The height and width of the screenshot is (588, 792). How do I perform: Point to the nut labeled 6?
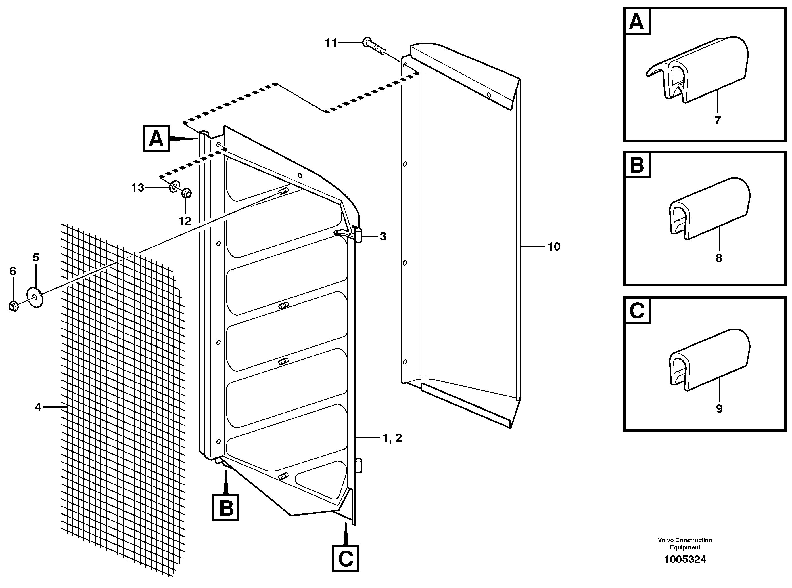(x=14, y=306)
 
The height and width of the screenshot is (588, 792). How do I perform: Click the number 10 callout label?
(x=554, y=246)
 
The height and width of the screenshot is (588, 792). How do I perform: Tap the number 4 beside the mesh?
(x=38, y=407)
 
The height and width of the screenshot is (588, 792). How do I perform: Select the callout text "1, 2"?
(x=392, y=438)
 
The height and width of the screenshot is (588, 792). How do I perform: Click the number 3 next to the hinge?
(x=383, y=236)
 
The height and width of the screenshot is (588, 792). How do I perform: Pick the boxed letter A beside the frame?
(x=156, y=138)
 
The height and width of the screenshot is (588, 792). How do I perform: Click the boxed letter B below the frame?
(x=225, y=507)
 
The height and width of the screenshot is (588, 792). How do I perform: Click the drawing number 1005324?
(x=685, y=560)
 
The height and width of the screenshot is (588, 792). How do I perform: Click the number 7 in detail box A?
(x=717, y=120)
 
